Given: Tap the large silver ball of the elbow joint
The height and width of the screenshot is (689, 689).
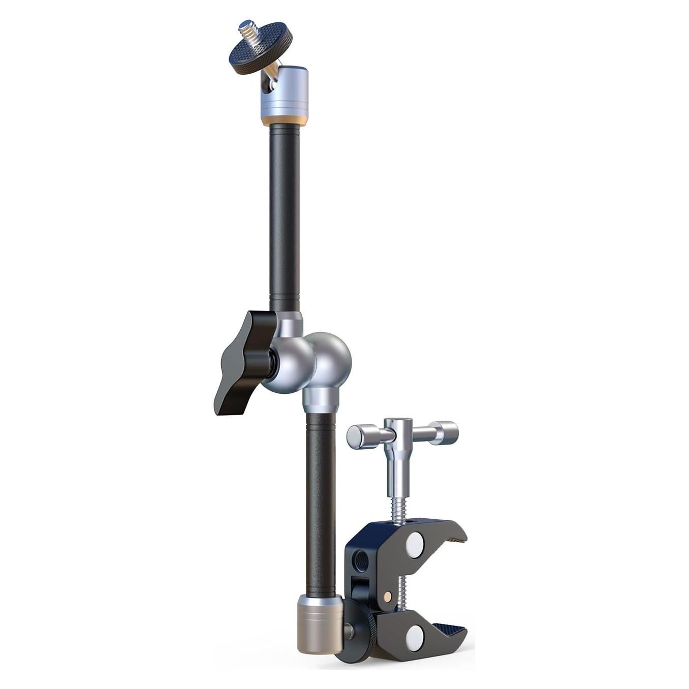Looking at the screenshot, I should pos(333,356).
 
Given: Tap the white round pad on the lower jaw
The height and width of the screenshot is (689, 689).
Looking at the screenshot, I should pos(416,632).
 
